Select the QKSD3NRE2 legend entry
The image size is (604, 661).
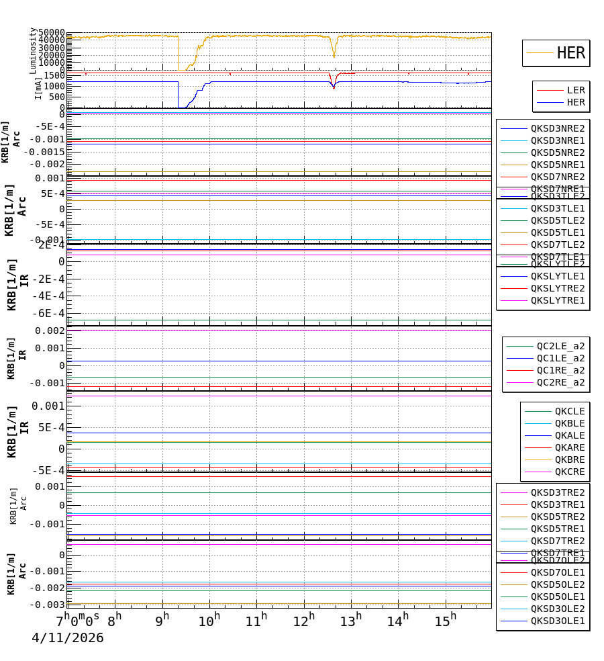tap(558, 128)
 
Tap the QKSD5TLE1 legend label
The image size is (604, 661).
tap(558, 232)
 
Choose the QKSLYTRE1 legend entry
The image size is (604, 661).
tap(558, 300)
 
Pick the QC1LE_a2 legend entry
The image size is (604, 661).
tap(560, 358)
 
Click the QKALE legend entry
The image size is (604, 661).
tap(570, 435)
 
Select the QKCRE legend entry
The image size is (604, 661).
tap(570, 472)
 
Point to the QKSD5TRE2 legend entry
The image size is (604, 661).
tap(558, 517)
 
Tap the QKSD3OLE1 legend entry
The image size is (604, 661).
tap(558, 621)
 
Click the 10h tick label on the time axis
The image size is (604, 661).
tap(209, 621)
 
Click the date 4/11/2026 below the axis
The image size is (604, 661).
tap(68, 638)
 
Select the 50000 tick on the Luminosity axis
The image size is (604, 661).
tap(51, 33)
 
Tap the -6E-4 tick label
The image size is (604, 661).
tap(51, 313)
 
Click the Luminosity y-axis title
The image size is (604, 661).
tap(33, 50)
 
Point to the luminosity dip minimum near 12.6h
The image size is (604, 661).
tap(334, 57)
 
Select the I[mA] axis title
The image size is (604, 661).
tap(38, 88)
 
